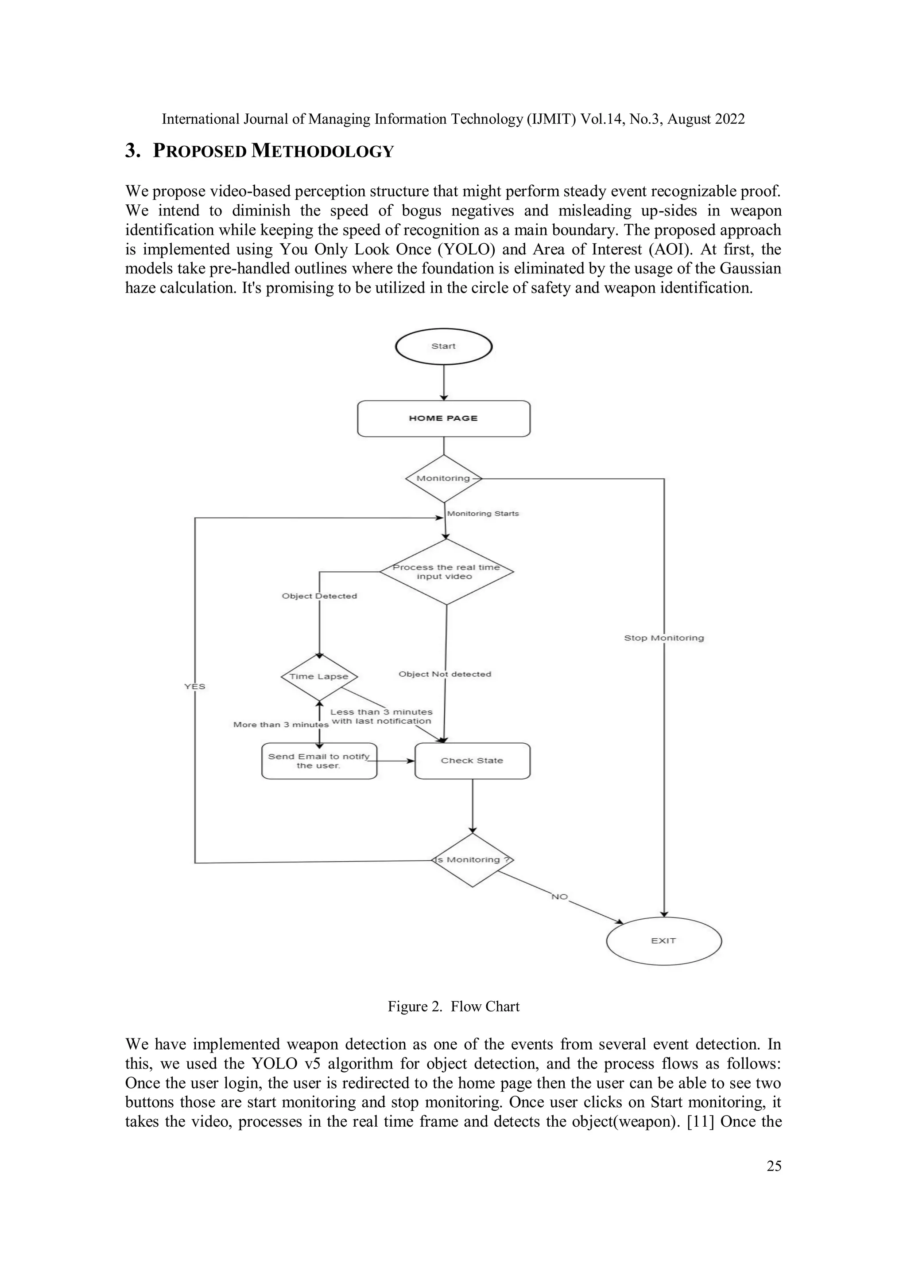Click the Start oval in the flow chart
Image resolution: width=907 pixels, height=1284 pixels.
pyautogui.click(x=443, y=346)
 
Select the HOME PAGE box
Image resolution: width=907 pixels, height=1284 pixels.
pyautogui.click(x=443, y=418)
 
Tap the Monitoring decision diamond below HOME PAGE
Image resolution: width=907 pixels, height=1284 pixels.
pyautogui.click(x=443, y=478)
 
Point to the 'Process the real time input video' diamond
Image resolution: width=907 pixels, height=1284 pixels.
pyautogui.click(x=446, y=572)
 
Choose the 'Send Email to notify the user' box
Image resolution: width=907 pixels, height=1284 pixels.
pyautogui.click(x=319, y=761)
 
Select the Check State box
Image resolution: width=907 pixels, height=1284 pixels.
pyautogui.click(x=472, y=761)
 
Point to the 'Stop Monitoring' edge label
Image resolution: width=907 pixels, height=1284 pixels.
pyautogui.click(x=664, y=638)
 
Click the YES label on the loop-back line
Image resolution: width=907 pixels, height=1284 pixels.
pyautogui.click(x=195, y=686)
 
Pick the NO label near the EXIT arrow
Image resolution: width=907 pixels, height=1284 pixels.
pyautogui.click(x=559, y=897)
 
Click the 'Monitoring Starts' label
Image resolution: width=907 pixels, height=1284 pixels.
pyautogui.click(x=483, y=513)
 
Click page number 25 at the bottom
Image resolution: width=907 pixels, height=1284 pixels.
pyautogui.click(x=774, y=1166)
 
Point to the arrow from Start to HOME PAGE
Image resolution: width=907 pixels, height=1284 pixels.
pyautogui.click(x=444, y=382)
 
